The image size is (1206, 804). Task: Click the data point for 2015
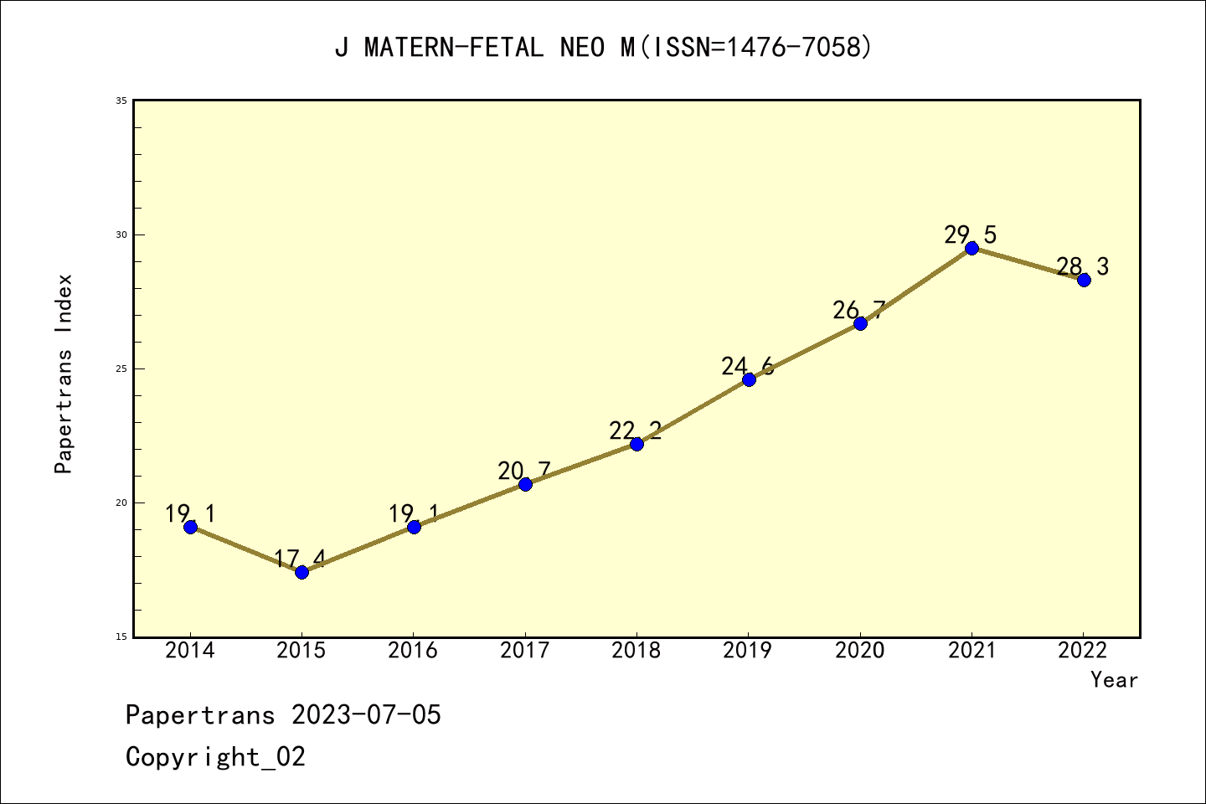click(x=301, y=572)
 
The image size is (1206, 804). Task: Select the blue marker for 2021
click(x=971, y=248)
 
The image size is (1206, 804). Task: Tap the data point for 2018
click(x=636, y=444)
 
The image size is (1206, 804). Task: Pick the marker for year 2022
click(x=1084, y=280)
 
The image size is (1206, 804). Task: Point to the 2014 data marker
click(x=190, y=527)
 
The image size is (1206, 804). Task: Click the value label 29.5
click(x=970, y=234)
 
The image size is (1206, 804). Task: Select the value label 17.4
click(x=299, y=559)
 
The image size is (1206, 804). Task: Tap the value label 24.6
click(x=747, y=366)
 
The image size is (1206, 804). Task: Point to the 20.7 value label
click(x=523, y=471)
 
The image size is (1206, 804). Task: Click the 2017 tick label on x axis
click(x=524, y=651)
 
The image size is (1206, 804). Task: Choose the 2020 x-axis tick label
click(x=859, y=651)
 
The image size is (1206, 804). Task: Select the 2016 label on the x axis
click(x=413, y=651)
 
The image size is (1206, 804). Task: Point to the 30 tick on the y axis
click(x=121, y=234)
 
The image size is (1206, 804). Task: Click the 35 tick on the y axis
click(x=121, y=100)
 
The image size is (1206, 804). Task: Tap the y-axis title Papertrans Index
click(x=64, y=374)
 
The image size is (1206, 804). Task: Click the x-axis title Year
click(x=1114, y=680)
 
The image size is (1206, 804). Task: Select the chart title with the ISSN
click(x=603, y=48)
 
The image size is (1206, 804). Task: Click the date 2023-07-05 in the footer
click(x=366, y=715)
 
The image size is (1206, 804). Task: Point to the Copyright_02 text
click(x=215, y=757)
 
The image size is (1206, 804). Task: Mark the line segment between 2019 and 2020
click(x=804, y=352)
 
